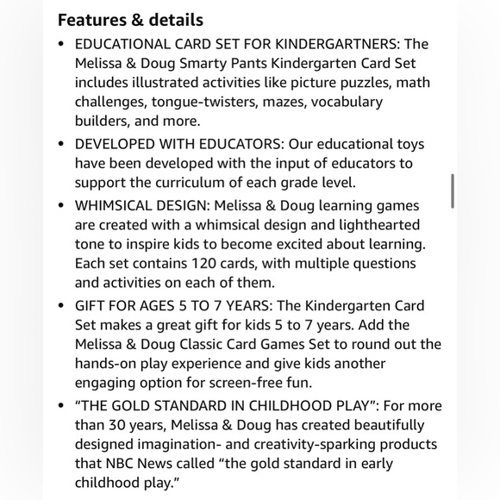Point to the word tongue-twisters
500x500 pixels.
pyautogui.click(x=180, y=102)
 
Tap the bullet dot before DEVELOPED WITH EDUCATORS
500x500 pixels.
pyautogui.click(x=60, y=144)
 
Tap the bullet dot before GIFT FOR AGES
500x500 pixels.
pyautogui.click(x=60, y=306)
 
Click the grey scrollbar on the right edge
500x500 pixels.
pyautogui.click(x=453, y=191)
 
